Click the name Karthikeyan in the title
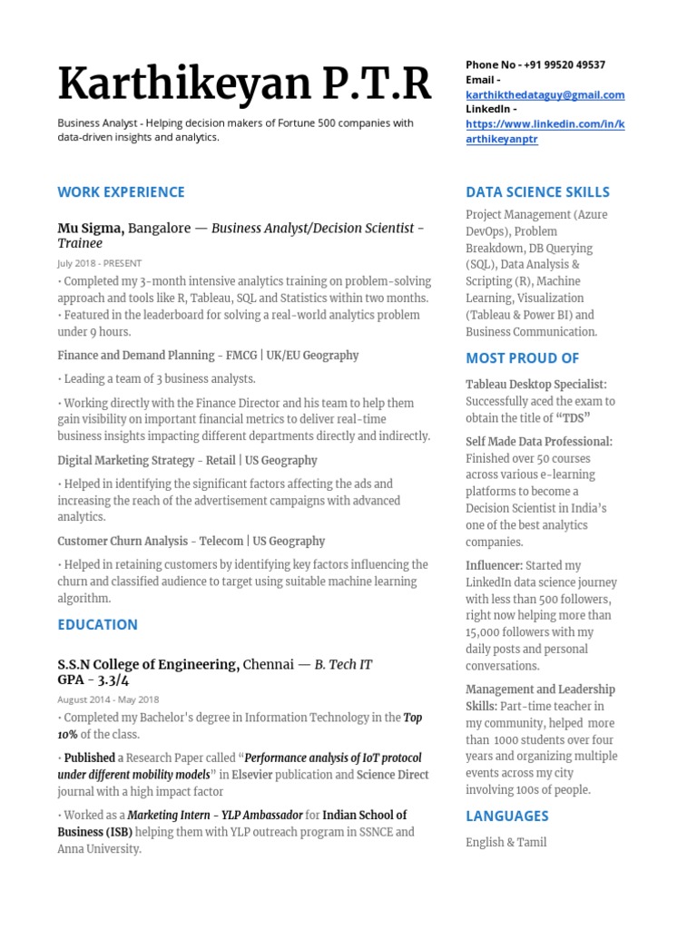[x=178, y=85]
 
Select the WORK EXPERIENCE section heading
[x=121, y=191]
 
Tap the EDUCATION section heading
[x=97, y=624]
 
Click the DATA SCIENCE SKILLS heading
[x=537, y=191]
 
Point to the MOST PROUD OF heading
[x=522, y=357]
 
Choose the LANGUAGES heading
[x=506, y=816]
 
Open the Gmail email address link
[x=545, y=95]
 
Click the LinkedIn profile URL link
[x=545, y=132]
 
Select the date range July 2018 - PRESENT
[x=99, y=263]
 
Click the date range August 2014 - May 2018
[x=108, y=699]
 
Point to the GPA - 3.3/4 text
[x=93, y=680]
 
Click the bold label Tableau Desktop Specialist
[x=535, y=385]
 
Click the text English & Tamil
[x=506, y=842]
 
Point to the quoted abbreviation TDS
[x=573, y=417]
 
